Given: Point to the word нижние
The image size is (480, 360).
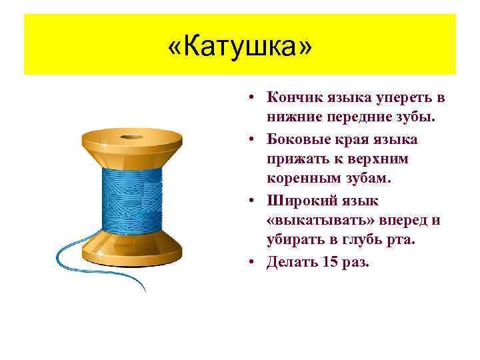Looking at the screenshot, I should [291, 118].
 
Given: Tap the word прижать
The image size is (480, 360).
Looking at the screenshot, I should [295, 159].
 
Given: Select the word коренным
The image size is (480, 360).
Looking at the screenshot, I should [300, 179].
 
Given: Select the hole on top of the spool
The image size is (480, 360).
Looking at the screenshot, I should [131, 139].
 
